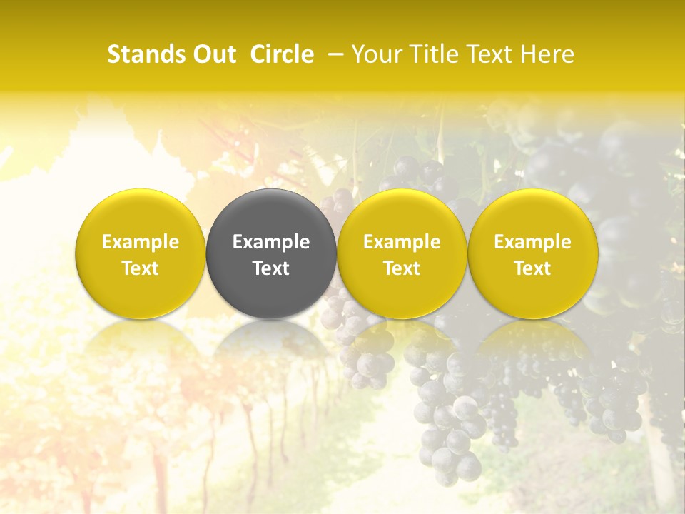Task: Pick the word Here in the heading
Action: click(x=548, y=54)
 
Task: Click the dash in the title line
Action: click(x=335, y=54)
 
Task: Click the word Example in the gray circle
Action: click(x=271, y=242)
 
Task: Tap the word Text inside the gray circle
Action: click(x=271, y=268)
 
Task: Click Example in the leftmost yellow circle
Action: click(x=141, y=242)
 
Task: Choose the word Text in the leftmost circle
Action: click(x=141, y=268)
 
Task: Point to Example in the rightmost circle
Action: click(x=532, y=242)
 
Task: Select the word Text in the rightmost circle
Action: click(x=532, y=268)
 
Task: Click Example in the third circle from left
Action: click(x=402, y=242)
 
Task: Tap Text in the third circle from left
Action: click(x=402, y=268)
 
